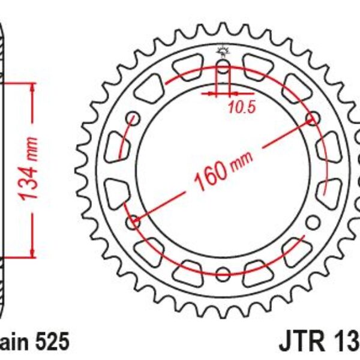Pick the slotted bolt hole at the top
[223, 73]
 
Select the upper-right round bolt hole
[312, 118]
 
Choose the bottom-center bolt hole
[223, 275]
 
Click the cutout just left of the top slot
[187, 65]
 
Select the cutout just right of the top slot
[259, 65]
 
